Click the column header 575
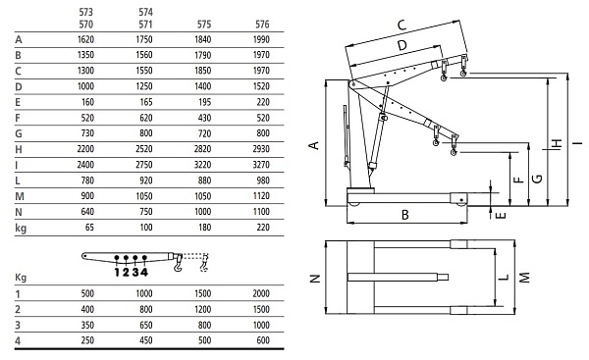click(204, 25)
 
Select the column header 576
click(262, 25)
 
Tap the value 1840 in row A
click(202, 39)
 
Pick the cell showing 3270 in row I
click(261, 165)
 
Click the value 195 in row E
click(205, 102)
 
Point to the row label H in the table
click(19, 149)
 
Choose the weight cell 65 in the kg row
click(89, 228)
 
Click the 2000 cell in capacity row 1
click(261, 293)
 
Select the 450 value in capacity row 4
click(146, 340)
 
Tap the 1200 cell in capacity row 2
click(202, 309)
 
